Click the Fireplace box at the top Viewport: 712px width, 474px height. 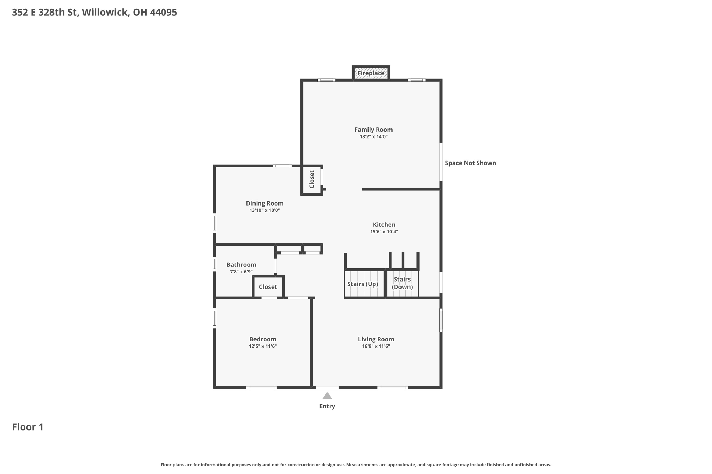click(371, 73)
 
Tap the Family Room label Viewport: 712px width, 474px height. click(373, 130)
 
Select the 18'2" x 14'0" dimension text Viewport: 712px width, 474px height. click(373, 137)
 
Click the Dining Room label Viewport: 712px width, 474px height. click(265, 203)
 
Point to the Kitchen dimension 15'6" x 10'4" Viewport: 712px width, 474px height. click(384, 232)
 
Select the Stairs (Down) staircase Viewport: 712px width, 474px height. click(402, 283)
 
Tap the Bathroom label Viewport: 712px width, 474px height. click(241, 265)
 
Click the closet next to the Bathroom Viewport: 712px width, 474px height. click(268, 287)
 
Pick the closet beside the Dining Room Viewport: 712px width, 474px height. click(311, 180)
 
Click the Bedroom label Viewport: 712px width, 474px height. click(262, 339)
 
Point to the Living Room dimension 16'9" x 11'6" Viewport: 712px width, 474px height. click(376, 346)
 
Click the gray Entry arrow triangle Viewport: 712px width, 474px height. click(327, 396)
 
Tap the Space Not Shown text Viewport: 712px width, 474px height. click(470, 163)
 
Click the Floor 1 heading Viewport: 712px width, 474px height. click(28, 427)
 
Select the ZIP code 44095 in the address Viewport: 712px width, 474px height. click(163, 13)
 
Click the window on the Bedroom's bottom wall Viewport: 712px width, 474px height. click(261, 388)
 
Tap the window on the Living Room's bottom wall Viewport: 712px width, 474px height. click(392, 388)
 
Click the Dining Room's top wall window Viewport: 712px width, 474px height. click(282, 166)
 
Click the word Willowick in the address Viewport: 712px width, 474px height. click(106, 13)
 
